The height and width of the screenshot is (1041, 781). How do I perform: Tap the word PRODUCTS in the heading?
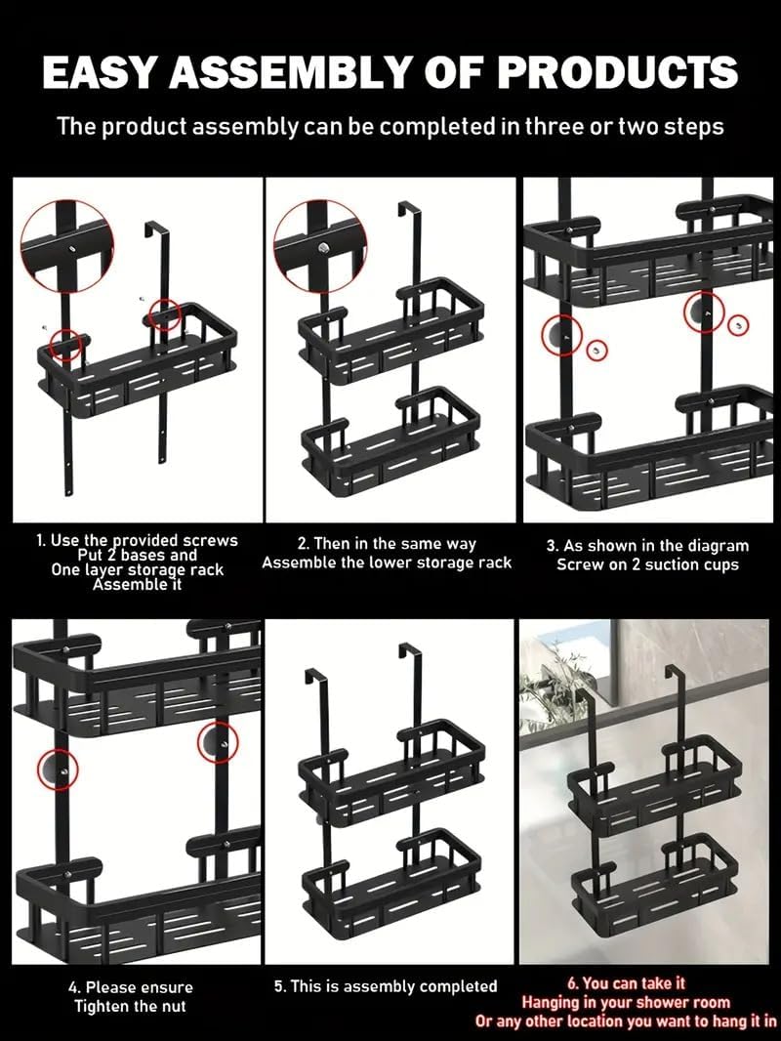tap(617, 71)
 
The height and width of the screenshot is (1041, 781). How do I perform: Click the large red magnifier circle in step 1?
tap(67, 246)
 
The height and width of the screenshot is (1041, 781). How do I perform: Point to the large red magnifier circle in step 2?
tap(320, 246)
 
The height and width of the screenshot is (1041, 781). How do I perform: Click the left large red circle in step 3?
tap(562, 335)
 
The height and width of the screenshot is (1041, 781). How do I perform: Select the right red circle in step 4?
tap(218, 743)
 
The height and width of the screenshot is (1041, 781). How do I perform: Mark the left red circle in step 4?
tap(58, 770)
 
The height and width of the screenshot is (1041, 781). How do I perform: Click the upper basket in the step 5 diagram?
tap(391, 770)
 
